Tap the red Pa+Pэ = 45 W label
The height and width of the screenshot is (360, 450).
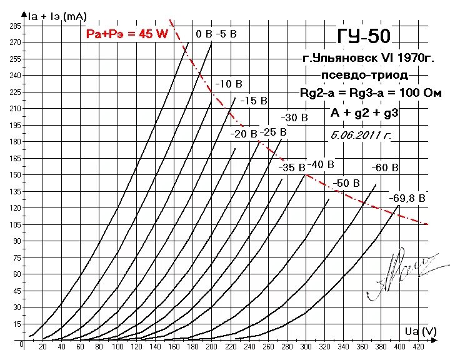(x=127, y=34)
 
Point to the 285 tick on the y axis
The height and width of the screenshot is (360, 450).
(x=15, y=26)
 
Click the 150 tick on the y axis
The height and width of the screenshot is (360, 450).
(x=15, y=175)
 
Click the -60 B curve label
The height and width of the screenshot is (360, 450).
(x=384, y=167)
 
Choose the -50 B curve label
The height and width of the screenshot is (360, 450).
(x=346, y=183)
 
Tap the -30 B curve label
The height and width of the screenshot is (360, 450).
(x=294, y=117)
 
